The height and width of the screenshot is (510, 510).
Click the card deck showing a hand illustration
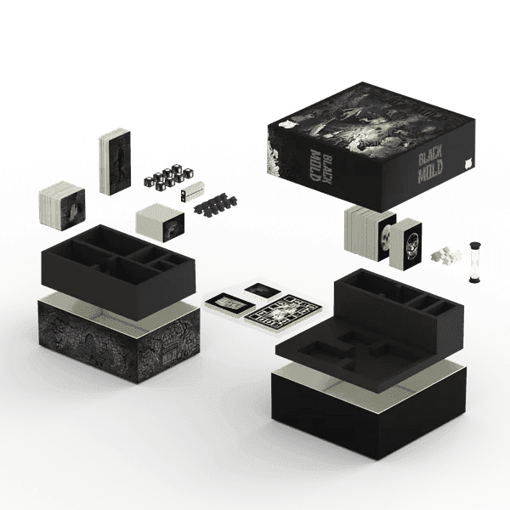click(x=61, y=204)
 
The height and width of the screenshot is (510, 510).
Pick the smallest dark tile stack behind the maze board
click(x=263, y=292)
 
